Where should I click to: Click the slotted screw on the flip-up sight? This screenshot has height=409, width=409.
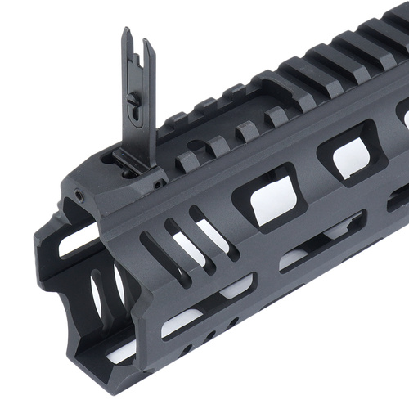pos(134,100)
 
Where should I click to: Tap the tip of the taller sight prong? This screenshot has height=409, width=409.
pos(126,32)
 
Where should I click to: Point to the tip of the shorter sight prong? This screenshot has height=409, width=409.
pos(150,43)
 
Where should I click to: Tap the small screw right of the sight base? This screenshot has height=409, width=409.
pos(157,185)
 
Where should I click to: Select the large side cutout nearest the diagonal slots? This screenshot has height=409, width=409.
pos(266,196)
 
